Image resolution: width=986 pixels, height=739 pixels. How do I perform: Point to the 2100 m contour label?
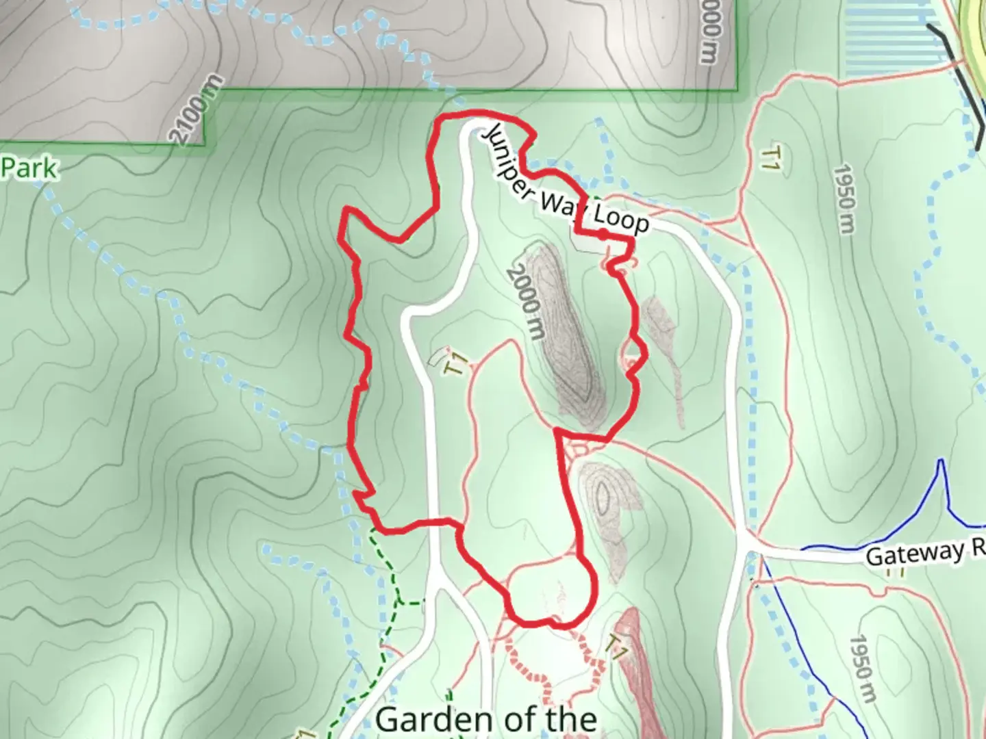(x=197, y=110)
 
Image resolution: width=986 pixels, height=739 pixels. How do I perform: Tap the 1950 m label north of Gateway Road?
(x=845, y=199)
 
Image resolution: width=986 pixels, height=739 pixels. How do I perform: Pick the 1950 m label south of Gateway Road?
(x=861, y=668)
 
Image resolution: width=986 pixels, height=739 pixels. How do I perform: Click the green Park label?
(x=29, y=168)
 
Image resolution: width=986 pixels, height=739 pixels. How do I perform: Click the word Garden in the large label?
(x=430, y=721)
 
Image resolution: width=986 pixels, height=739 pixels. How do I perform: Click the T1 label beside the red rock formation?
(x=617, y=647)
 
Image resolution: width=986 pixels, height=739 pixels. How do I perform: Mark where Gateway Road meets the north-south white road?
(x=748, y=547)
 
